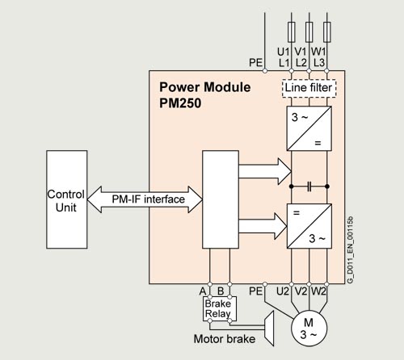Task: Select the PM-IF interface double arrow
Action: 145,199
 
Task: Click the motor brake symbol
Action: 269,329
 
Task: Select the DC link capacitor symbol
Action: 309,186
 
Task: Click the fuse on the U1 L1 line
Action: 292,32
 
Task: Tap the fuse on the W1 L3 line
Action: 327,32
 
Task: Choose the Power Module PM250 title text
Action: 204,95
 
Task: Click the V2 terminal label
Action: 301,291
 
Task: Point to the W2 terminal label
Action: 318,291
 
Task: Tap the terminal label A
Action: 203,291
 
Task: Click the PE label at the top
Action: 255,63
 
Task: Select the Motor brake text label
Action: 225,339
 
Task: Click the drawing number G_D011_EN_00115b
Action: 350,249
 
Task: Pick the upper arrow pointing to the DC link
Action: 265,171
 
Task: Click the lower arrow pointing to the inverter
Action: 263,226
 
